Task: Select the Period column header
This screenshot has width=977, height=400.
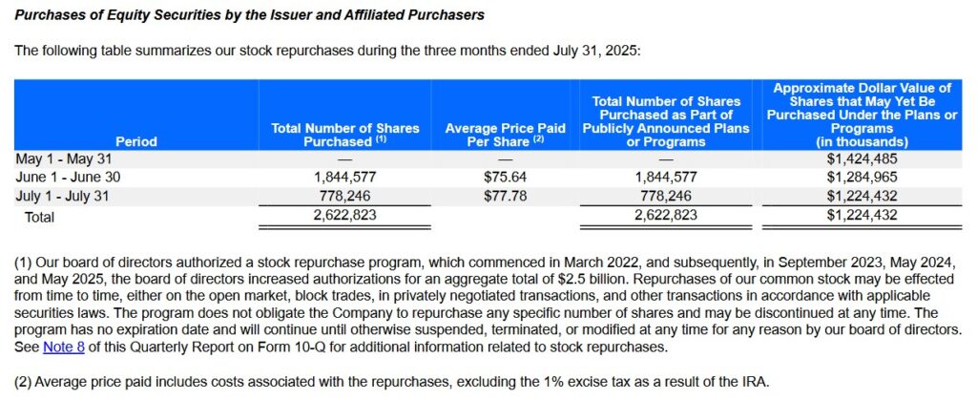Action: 135,141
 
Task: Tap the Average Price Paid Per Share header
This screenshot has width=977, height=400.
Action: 506,134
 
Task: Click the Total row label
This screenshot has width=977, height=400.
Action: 40,217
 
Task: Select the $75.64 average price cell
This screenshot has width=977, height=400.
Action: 506,178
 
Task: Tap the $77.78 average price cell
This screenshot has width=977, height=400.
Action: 506,196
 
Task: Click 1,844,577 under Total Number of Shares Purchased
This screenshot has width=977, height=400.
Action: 344,178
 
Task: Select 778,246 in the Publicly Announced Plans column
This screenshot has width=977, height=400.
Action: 665,196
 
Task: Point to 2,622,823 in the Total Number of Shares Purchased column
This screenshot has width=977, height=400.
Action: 344,216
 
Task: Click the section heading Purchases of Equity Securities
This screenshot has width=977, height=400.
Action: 248,15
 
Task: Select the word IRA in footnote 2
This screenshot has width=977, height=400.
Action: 754,383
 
